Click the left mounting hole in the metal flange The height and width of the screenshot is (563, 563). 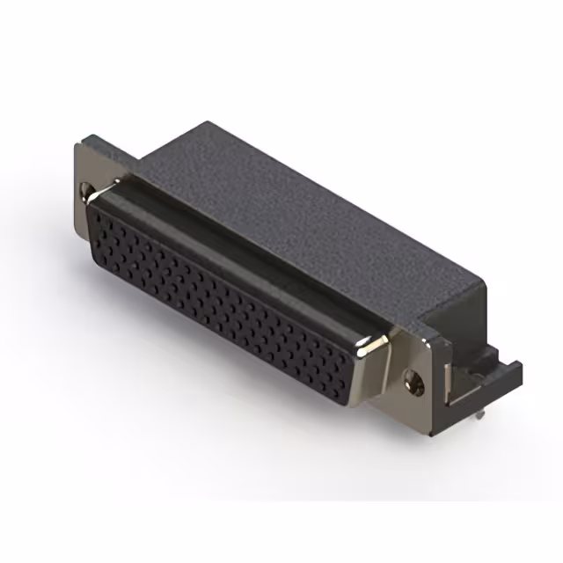coord(85,189)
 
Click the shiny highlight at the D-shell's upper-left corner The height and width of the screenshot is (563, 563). coord(113,186)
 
